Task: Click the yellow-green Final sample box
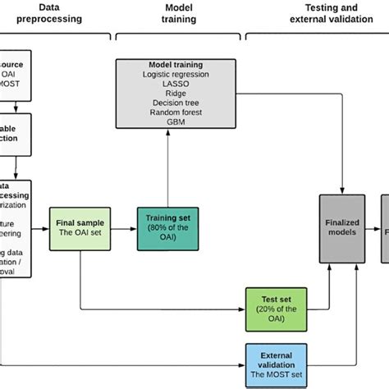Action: point(80,227)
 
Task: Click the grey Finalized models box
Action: point(341,227)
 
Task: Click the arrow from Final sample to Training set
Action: point(121,227)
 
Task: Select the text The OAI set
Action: point(80,232)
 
